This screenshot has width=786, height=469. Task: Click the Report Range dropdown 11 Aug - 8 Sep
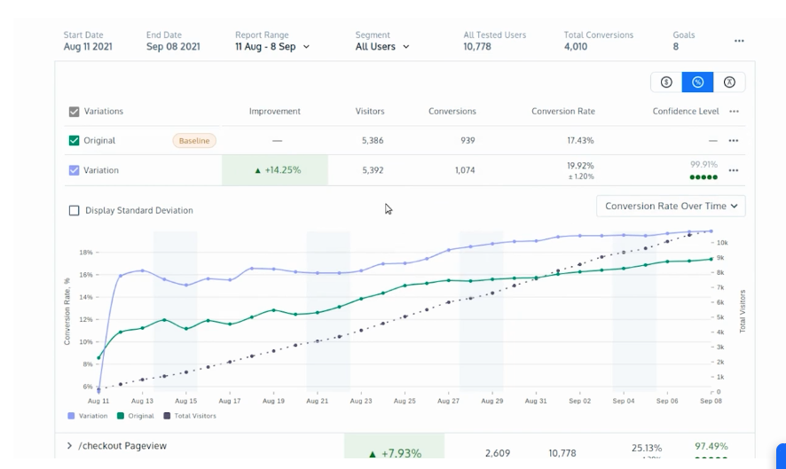point(272,46)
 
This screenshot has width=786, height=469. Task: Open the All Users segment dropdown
point(382,46)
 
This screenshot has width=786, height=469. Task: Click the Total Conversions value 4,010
point(576,46)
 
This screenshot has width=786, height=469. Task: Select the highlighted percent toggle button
point(697,82)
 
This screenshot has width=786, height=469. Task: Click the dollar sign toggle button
point(666,82)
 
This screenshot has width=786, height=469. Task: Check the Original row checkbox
point(75,140)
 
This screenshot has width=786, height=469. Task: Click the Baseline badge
point(194,140)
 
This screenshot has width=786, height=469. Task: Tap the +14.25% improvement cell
point(275,170)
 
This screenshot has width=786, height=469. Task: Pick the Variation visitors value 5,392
point(372,170)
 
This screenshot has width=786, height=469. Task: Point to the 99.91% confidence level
point(703,164)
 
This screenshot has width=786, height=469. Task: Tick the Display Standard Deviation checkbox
point(75,210)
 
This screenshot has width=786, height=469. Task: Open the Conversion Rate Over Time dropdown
point(671,206)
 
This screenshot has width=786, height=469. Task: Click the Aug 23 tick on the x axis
point(361,401)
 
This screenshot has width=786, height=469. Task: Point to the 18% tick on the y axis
point(86,253)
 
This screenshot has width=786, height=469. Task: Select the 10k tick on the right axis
point(722,242)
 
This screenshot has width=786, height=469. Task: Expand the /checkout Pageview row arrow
point(69,446)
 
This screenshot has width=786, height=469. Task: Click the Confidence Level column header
point(686,112)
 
